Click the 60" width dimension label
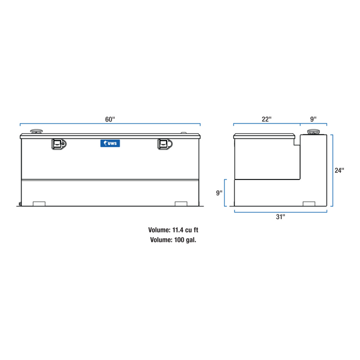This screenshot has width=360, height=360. point(110,119)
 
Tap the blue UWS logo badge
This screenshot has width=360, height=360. point(110,145)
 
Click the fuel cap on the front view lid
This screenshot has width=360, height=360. point(37,132)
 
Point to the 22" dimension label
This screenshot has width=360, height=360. point(266,119)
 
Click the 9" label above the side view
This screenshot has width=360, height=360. point(313,119)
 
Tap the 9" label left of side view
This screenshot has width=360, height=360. point(220,193)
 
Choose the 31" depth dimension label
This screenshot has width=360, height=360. point(280,217)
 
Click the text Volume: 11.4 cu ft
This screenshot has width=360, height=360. point(173,230)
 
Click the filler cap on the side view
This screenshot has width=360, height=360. point(313,133)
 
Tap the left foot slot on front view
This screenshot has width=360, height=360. point(39,204)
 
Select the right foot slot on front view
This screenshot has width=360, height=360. point(181,204)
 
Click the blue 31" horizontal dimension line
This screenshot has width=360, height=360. point(257,211)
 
